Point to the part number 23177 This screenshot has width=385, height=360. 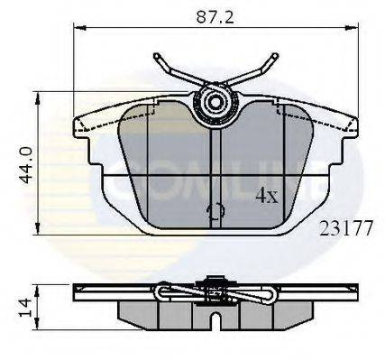tap(346, 229)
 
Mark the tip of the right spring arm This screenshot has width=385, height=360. tap(276, 58)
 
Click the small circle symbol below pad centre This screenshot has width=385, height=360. tap(215, 212)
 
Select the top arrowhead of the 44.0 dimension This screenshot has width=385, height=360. tap(36, 94)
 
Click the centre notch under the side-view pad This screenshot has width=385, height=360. tap(215, 318)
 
